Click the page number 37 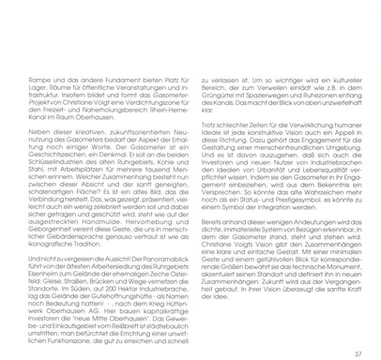coord(358,327)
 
